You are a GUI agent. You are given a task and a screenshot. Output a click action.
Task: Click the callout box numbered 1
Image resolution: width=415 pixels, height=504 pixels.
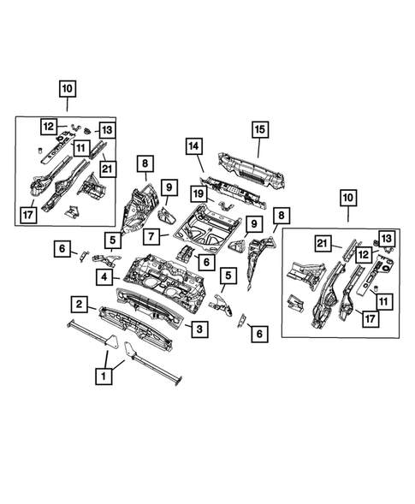tap(104, 375)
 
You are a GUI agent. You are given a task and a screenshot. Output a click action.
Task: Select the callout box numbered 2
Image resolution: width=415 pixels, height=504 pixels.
tap(78, 304)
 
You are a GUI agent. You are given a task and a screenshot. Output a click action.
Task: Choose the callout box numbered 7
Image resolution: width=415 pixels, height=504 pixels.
tap(150, 234)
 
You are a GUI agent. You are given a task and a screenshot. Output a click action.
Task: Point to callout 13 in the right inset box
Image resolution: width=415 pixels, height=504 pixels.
tap(386, 237)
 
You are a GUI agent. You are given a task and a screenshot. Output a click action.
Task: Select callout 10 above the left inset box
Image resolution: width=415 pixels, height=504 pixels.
tap(68, 87)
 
